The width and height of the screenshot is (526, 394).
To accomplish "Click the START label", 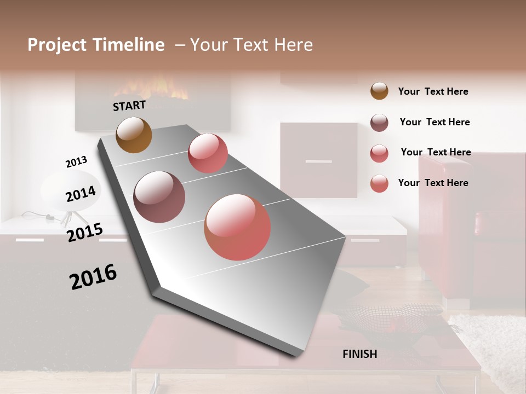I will (129, 106).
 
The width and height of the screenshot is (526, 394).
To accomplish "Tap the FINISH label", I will (359, 354).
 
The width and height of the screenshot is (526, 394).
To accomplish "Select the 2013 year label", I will (76, 162).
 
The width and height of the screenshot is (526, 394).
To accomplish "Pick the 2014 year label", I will (81, 193).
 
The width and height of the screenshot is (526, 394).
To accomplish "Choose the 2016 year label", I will (93, 277).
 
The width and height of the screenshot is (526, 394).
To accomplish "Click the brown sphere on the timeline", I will (134, 135).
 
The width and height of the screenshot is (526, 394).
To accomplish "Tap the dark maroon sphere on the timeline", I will (159, 197).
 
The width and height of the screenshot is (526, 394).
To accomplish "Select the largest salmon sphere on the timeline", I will (237, 227).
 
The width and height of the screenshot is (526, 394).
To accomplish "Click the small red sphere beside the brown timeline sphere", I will (208, 153).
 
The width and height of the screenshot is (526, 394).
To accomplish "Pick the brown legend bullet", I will (379, 91).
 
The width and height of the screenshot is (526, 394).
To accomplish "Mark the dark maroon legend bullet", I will (379, 123).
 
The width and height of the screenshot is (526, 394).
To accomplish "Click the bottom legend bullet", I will (379, 183).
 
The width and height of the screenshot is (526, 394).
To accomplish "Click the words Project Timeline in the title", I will (96, 45).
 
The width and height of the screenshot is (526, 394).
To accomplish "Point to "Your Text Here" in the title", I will (251, 45).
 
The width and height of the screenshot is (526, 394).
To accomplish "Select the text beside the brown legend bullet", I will (433, 91).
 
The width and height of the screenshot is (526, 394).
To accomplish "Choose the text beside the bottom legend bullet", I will (433, 183).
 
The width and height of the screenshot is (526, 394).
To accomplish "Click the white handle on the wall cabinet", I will (318, 161).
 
